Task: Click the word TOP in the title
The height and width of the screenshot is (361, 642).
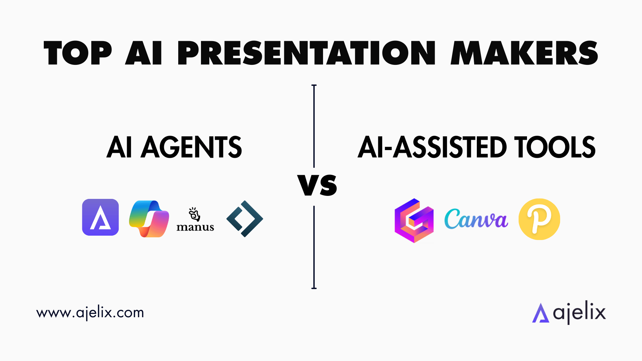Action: [x=78, y=53]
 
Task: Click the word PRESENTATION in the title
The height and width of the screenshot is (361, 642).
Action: [x=306, y=53]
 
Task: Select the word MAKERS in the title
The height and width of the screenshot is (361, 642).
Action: [x=524, y=53]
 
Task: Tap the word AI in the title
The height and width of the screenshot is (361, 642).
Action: [x=144, y=53]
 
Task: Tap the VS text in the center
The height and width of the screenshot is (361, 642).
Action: [x=317, y=186]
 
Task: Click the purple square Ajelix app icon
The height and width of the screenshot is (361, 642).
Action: [x=100, y=217]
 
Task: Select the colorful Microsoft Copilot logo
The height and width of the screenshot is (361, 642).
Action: [x=149, y=219]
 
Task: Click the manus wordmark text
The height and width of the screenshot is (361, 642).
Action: [x=195, y=227]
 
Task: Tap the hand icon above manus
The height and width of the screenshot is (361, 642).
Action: [x=194, y=214]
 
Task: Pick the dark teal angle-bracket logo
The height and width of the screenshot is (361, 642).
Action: [x=245, y=219]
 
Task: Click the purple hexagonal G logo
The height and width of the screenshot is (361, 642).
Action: [x=414, y=221]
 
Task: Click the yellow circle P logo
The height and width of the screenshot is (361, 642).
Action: [x=539, y=219]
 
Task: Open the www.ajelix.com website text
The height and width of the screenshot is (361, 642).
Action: [x=90, y=313]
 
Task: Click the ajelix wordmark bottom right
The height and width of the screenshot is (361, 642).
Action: [x=579, y=313]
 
